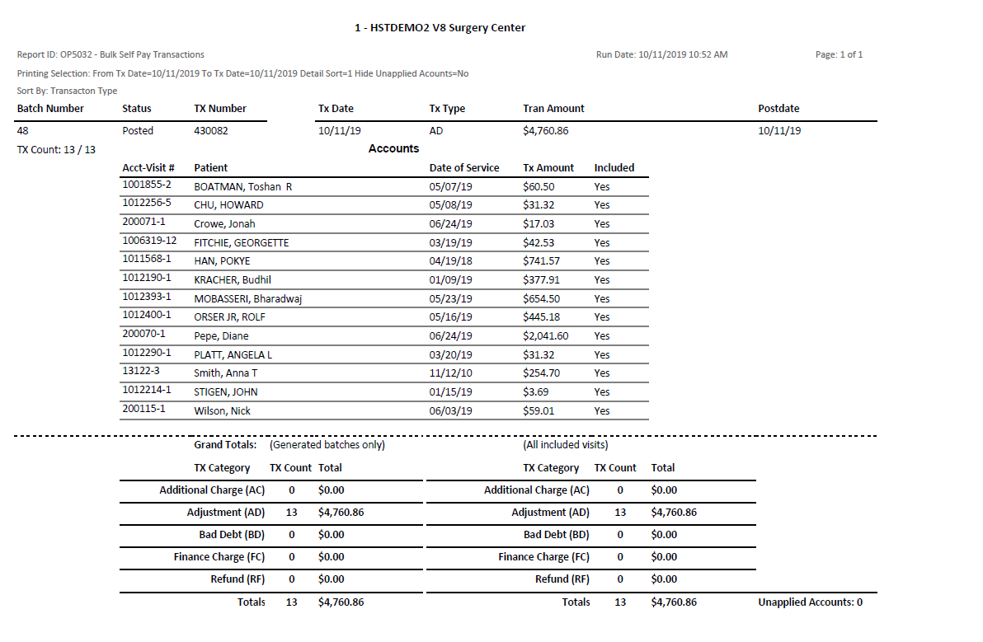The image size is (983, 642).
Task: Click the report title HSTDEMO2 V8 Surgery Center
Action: tap(440, 28)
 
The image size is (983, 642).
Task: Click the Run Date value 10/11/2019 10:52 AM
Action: tap(661, 55)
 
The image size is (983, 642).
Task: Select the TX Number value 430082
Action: tap(211, 131)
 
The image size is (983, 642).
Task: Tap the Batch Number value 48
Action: tap(22, 131)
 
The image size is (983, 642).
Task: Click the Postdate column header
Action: tap(778, 109)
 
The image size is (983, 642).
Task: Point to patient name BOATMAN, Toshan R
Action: tap(242, 187)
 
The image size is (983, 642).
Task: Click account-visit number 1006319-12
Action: tap(149, 241)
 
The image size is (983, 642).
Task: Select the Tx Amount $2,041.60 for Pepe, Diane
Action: tap(545, 336)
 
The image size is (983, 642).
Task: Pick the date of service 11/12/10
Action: tap(450, 373)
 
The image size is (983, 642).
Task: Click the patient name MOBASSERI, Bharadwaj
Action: tap(247, 299)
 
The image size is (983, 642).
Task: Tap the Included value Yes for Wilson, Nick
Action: tap(602, 411)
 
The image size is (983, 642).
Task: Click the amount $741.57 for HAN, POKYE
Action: tap(541, 261)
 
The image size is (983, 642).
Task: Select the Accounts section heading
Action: tap(393, 149)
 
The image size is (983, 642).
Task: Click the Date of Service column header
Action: tap(464, 168)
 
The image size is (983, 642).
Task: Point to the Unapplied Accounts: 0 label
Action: tap(810, 602)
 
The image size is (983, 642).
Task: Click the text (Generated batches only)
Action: tap(327, 445)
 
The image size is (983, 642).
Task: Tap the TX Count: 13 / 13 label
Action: tap(56, 150)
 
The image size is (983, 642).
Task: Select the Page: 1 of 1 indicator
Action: tap(839, 55)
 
